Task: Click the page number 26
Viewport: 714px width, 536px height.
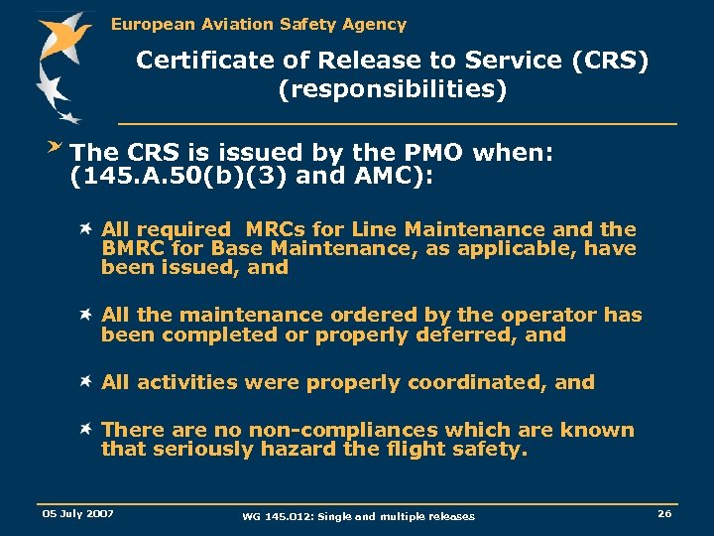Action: point(663,513)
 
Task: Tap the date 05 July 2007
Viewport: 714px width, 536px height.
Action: point(77,513)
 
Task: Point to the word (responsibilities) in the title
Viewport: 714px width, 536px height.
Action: point(393,90)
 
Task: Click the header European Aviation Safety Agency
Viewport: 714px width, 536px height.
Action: point(258,24)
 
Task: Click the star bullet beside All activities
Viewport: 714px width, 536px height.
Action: point(88,381)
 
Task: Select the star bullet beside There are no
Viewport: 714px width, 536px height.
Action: point(88,429)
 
